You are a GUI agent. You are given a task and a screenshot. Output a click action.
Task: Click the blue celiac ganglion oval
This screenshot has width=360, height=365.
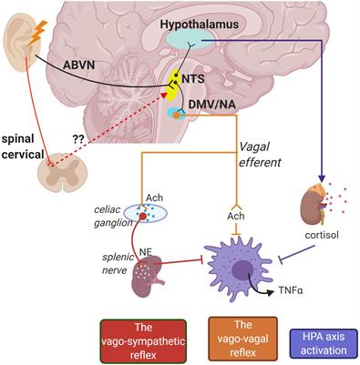coord(144,212)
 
